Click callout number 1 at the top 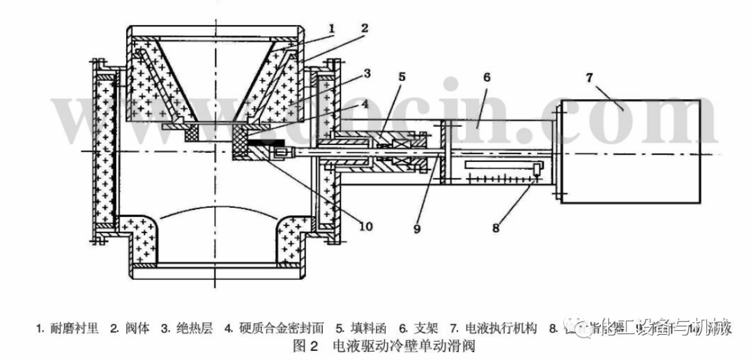(333, 29)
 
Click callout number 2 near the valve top (364, 29)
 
